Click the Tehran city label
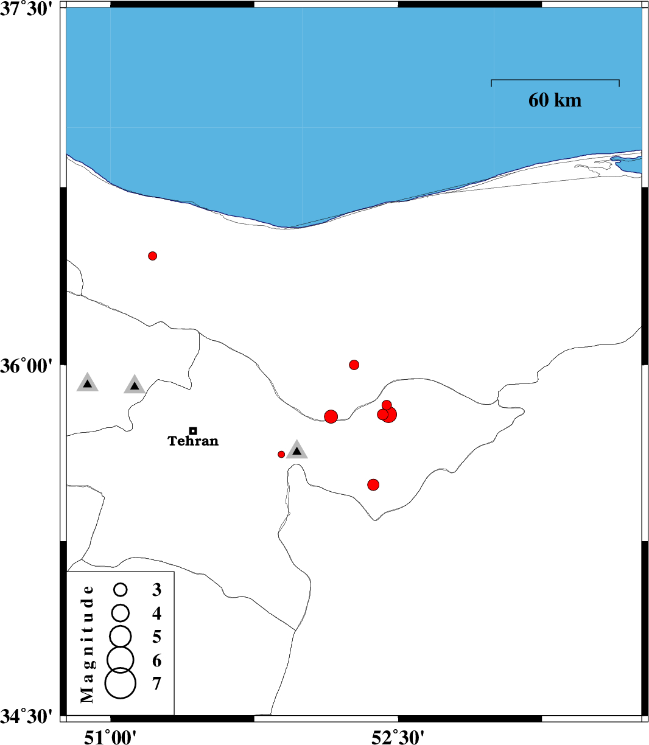[x=193, y=441]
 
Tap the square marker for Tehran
[x=194, y=431]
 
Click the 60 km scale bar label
[x=555, y=100]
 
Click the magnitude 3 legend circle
[x=120, y=590]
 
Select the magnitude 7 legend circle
[x=120, y=683]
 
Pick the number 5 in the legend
[x=156, y=637]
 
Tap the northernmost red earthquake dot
[x=153, y=256]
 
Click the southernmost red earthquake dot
[x=373, y=484]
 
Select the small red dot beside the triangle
[x=281, y=454]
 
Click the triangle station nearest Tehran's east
[x=297, y=450]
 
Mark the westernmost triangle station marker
[x=88, y=382]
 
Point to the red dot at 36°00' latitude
[x=354, y=365]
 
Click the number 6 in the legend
[x=156, y=660]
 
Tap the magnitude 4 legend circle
[x=120, y=613]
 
